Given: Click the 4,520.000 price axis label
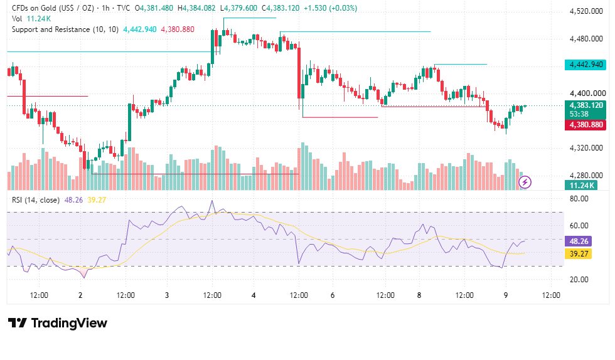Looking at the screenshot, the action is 586,11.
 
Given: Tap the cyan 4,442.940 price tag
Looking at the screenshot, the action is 586,65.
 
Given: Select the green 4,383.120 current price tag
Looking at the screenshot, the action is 586,109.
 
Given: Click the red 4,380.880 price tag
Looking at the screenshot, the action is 586,125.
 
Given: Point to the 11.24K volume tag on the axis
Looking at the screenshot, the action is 581,186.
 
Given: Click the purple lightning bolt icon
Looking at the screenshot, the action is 525,182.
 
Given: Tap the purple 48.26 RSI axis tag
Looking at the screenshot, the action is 578,241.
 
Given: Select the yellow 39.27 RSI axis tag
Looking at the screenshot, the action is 578,254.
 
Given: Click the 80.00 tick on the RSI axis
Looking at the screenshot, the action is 579,199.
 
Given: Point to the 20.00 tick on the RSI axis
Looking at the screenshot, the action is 579,280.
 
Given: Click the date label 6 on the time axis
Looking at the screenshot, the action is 333,295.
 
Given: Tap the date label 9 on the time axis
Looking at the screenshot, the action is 506,295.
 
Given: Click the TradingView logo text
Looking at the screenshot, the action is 69,323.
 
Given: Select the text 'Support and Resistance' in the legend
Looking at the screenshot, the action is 51,29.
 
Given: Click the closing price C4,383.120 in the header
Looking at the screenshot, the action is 281,8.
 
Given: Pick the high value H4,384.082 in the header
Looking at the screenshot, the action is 196,8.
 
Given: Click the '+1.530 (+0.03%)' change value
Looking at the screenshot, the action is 330,8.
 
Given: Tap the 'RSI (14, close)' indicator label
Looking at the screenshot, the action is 36,200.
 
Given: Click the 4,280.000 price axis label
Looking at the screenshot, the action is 586,175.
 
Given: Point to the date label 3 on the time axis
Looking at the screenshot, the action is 167,295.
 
